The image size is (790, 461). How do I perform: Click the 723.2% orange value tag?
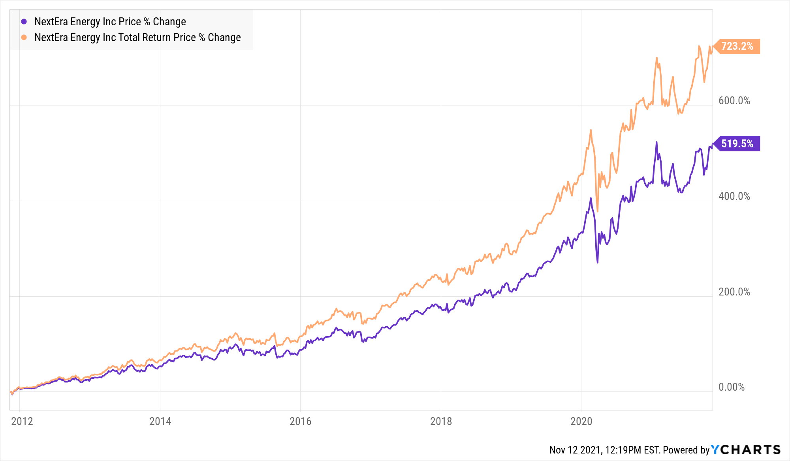pyautogui.click(x=737, y=46)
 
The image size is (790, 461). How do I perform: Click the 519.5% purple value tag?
pyautogui.click(x=737, y=144)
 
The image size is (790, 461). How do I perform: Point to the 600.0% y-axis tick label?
pyautogui.click(x=734, y=101)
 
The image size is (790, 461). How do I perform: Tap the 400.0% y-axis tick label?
pyautogui.click(x=734, y=196)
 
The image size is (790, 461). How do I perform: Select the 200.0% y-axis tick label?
pyautogui.click(x=734, y=292)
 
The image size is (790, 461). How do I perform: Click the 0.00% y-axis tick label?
pyautogui.click(x=731, y=387)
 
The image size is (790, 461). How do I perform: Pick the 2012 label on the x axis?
pyautogui.click(x=22, y=421)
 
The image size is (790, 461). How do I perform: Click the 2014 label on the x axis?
pyautogui.click(x=160, y=421)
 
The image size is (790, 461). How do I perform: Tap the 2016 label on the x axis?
pyautogui.click(x=300, y=421)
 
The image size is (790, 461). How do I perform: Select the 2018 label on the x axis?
pyautogui.click(x=441, y=421)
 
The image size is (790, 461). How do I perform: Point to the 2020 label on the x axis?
pyautogui.click(x=581, y=421)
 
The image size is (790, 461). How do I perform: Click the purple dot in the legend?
pyautogui.click(x=24, y=22)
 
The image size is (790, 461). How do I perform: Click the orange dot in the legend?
pyautogui.click(x=24, y=38)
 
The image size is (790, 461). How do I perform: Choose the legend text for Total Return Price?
pyautogui.click(x=137, y=38)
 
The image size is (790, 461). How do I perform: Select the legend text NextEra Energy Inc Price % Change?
pyautogui.click(x=110, y=22)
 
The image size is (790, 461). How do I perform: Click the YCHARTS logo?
pyautogui.click(x=746, y=450)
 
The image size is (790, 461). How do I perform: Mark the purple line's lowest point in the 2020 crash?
pyautogui.click(x=597, y=262)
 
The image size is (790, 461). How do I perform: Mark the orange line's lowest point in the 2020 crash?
pyautogui.click(x=597, y=211)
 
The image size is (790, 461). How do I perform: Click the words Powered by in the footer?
pyautogui.click(x=686, y=450)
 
